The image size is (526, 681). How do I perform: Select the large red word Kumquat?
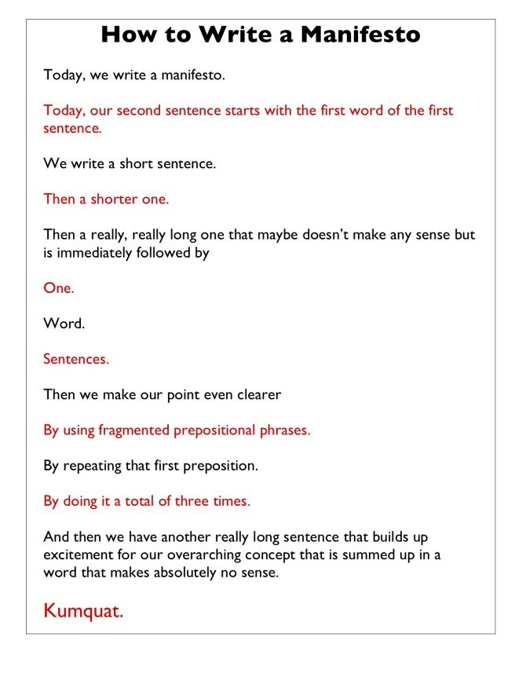(83, 610)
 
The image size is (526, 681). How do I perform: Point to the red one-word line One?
(59, 288)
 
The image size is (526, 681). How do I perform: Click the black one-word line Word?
(64, 324)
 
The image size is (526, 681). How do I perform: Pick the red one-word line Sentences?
(76, 359)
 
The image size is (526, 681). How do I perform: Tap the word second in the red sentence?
(150, 110)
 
